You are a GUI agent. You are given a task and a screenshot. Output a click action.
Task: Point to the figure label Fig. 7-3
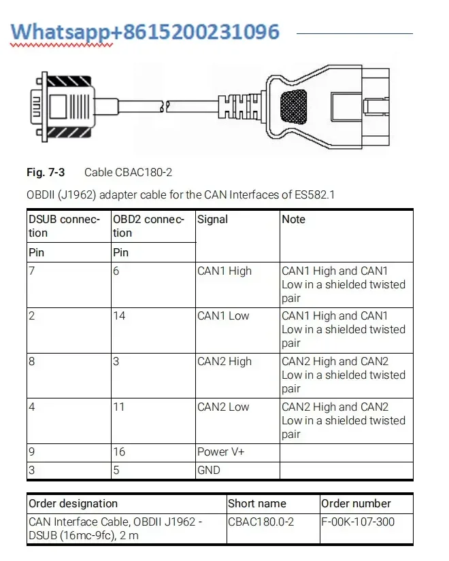46,173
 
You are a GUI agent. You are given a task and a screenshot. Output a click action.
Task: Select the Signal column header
212,220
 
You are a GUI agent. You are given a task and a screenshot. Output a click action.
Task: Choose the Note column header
293,220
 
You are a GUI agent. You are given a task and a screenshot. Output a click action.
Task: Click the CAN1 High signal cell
224,271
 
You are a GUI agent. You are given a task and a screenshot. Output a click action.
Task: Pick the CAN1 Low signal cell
223,316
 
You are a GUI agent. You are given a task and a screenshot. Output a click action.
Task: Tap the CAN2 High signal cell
224,362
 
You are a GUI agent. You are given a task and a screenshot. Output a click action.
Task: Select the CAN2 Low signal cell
223,407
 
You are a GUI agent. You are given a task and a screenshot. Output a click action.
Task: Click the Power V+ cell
220,452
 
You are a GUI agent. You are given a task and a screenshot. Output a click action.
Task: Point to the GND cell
208,470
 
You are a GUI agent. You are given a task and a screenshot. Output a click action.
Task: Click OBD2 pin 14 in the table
118,316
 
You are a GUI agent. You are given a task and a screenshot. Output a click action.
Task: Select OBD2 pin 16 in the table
118,452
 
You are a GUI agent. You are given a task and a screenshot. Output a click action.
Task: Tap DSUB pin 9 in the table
31,452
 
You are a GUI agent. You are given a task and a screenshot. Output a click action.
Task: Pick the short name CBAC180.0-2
261,522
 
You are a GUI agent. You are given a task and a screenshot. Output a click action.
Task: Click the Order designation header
73,504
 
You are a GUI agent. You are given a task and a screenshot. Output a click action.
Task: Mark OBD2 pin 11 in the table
118,407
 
